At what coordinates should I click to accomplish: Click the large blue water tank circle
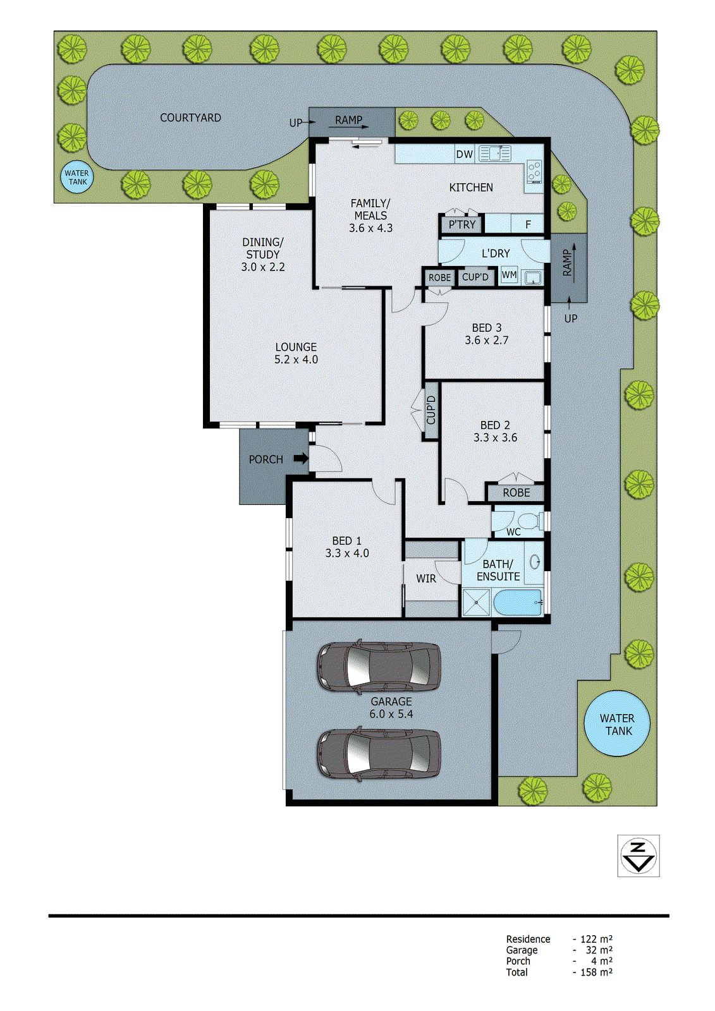pyautogui.click(x=616, y=724)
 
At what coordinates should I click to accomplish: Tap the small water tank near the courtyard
pyautogui.click(x=77, y=178)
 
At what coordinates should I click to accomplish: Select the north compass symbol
pyautogui.click(x=639, y=856)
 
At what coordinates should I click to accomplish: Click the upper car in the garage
pyautogui.click(x=379, y=666)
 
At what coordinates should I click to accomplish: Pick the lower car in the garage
pyautogui.click(x=379, y=753)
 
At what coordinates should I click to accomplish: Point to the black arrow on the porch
pyautogui.click(x=302, y=459)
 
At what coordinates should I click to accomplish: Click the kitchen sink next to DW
pyautogui.click(x=494, y=154)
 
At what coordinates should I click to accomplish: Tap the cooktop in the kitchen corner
pyautogui.click(x=534, y=171)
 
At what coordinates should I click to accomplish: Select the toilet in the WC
pyautogui.click(x=531, y=521)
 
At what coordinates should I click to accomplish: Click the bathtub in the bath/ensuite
pyautogui.click(x=518, y=602)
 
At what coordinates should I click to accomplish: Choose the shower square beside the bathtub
pyautogui.click(x=476, y=602)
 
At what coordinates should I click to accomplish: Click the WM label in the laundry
pyautogui.click(x=509, y=275)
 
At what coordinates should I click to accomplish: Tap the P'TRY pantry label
pyautogui.click(x=462, y=224)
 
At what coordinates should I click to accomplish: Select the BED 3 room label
pyautogui.click(x=487, y=328)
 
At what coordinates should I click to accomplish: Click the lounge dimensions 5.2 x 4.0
pyautogui.click(x=296, y=360)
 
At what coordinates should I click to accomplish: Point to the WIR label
pyautogui.click(x=426, y=579)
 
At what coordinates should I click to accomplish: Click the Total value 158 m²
pyautogui.click(x=596, y=972)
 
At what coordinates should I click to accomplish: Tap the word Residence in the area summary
pyautogui.click(x=528, y=939)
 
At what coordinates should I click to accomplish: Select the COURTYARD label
pyautogui.click(x=190, y=118)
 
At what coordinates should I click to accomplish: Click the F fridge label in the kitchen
pyautogui.click(x=529, y=224)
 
